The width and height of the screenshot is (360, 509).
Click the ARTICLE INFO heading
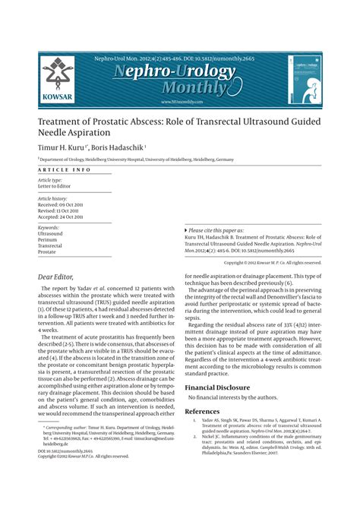coord(65,170)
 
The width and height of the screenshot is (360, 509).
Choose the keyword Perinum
coord(49,239)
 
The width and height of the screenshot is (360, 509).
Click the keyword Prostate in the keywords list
coord(48,251)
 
